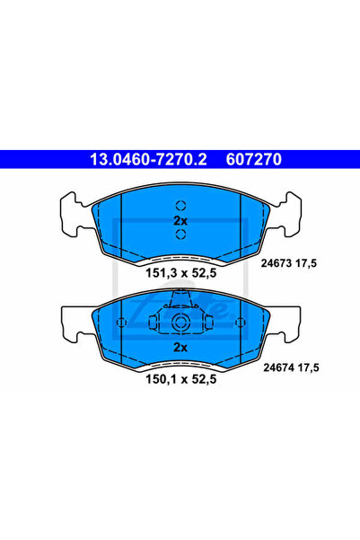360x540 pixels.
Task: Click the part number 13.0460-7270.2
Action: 148,159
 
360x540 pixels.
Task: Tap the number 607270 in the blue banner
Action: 254,159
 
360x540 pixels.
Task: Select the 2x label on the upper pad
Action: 180,220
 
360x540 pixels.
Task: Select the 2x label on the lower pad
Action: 180,347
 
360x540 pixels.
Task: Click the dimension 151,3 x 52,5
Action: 181,273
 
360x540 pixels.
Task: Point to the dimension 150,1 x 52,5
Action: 181,379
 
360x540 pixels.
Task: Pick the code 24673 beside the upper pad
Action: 277,263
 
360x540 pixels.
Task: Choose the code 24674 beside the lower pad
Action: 279,367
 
